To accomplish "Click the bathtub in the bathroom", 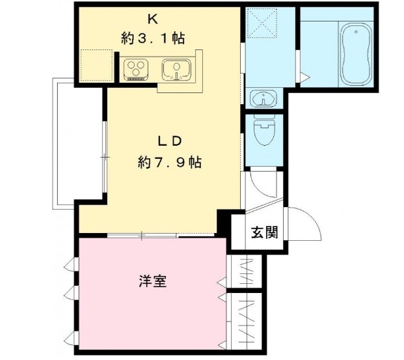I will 355,55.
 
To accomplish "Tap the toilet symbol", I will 265,132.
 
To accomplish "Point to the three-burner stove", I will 138,68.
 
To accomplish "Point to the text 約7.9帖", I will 169,163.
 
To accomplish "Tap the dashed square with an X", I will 264,24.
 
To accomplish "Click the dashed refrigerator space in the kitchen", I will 96,64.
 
